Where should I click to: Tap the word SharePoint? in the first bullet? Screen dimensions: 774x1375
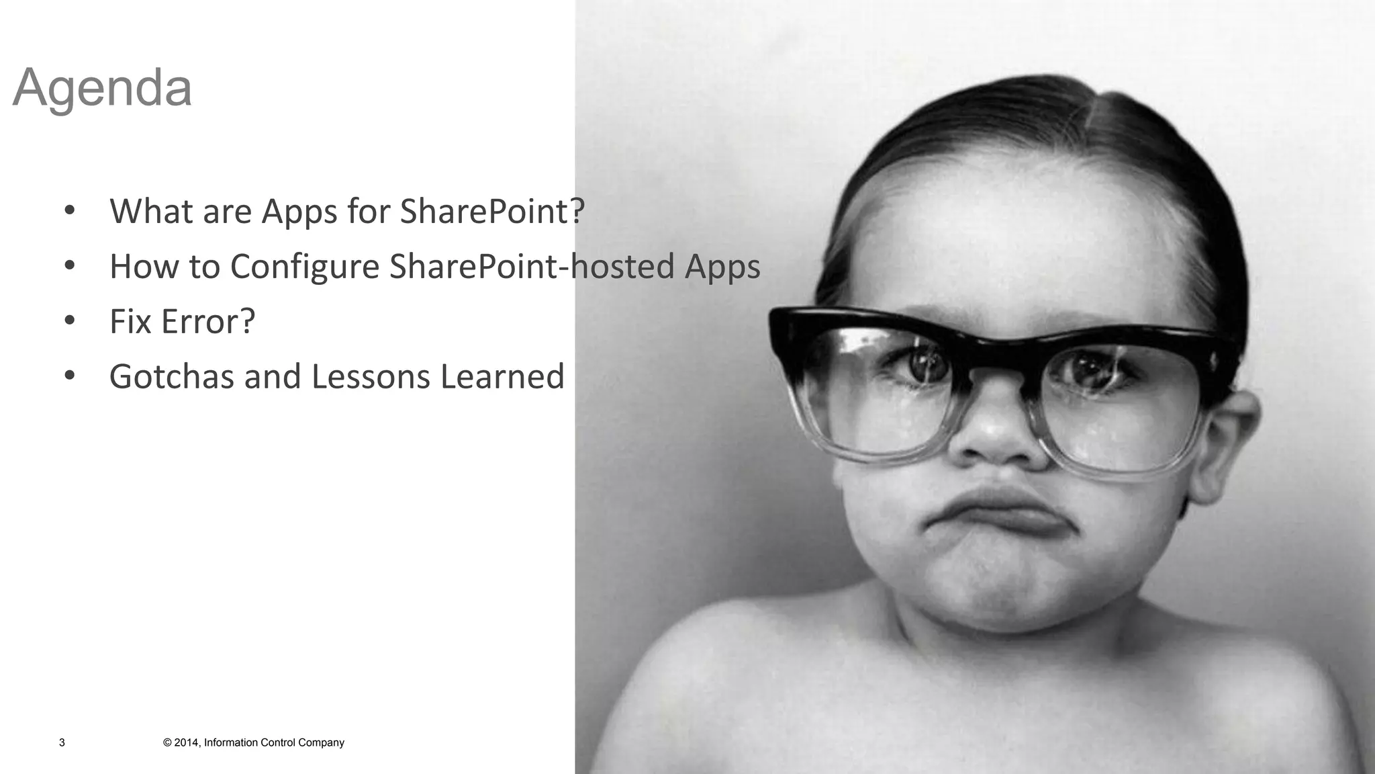tap(492, 211)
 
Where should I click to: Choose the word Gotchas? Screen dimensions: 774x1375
tap(171, 376)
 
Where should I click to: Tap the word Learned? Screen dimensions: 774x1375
tap(502, 376)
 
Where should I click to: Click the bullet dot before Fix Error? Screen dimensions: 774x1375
tap(69, 321)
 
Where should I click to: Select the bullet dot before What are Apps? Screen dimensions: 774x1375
tap(69, 211)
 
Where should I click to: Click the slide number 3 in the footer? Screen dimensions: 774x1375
tap(62, 742)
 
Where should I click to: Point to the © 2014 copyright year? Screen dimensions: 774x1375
tap(181, 742)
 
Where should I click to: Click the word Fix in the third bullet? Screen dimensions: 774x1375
tap(130, 321)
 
